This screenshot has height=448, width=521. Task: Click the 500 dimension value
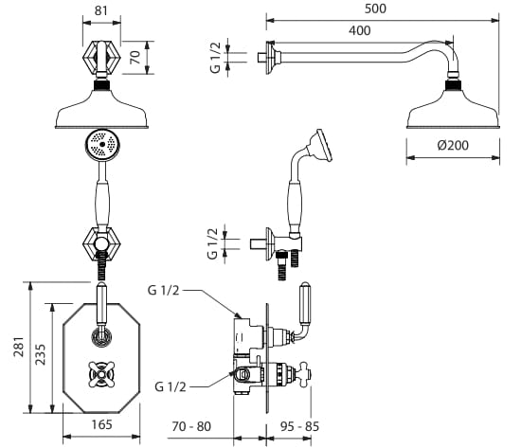[x=375, y=9]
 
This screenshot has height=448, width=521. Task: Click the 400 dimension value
[x=360, y=30]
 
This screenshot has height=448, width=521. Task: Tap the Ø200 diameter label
[x=453, y=145]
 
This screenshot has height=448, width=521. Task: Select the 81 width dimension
[x=101, y=10]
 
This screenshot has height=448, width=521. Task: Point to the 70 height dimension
[x=135, y=58]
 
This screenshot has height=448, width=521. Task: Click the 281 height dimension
[x=19, y=347]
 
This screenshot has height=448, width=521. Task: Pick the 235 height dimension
[x=41, y=354]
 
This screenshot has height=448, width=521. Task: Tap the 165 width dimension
[x=102, y=424]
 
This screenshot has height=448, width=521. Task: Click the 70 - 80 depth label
[x=191, y=426]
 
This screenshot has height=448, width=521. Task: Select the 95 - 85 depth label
[x=299, y=426]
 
